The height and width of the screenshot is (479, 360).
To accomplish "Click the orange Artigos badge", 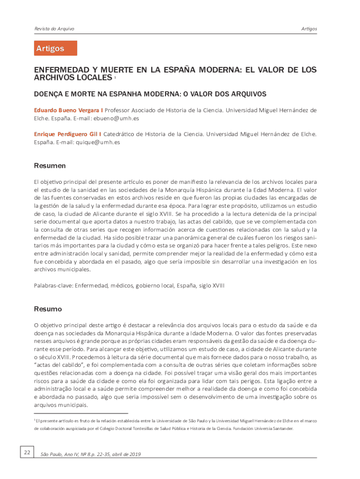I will coord(55,48).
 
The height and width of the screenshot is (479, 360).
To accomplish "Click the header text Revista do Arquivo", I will coord(54,29).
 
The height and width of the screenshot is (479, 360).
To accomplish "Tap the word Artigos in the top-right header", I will coord(309,29).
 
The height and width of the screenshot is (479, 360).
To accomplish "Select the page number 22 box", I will coord(27,452).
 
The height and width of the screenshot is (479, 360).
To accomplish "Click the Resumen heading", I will coord(50,166).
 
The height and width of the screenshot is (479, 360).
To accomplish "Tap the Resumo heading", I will coord(48,309).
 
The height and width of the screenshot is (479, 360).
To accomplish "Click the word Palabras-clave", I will coord(53,285).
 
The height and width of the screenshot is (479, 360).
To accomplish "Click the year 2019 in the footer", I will coord(134,454).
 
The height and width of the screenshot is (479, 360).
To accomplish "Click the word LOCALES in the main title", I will coord(91,77).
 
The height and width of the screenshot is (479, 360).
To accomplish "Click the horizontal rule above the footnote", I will coord(81,414).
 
